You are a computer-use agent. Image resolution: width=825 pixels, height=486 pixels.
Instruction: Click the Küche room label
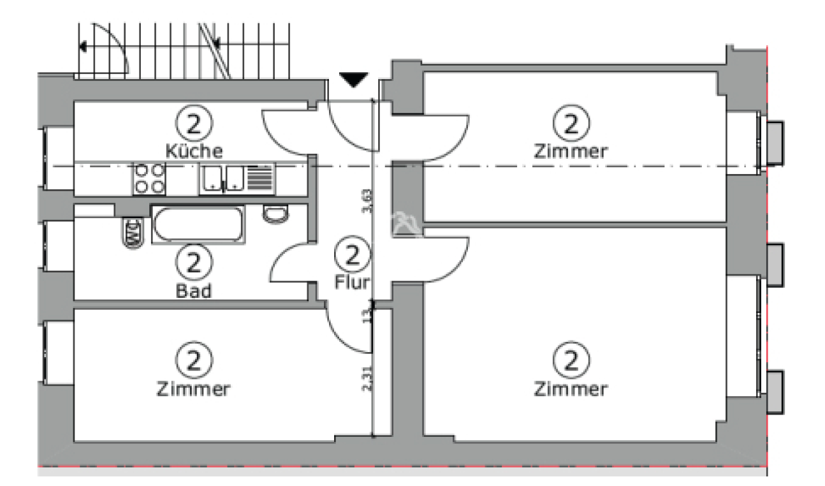(194, 152)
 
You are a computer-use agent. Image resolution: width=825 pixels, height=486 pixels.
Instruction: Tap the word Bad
(194, 291)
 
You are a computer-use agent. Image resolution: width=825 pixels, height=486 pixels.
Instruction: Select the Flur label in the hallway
(352, 282)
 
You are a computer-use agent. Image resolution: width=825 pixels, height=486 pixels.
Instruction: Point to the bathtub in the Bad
(198, 225)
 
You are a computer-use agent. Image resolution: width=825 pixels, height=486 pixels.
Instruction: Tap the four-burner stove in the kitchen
(149, 179)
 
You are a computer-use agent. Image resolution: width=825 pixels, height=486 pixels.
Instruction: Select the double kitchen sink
(221, 179)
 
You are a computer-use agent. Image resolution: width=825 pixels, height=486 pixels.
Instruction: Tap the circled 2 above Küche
(194, 124)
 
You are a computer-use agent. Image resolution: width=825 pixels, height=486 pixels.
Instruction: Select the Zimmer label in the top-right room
(571, 152)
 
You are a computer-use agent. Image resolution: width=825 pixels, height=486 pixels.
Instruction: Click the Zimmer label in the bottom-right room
(571, 388)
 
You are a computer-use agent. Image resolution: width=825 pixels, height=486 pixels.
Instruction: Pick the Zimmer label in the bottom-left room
(194, 388)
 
